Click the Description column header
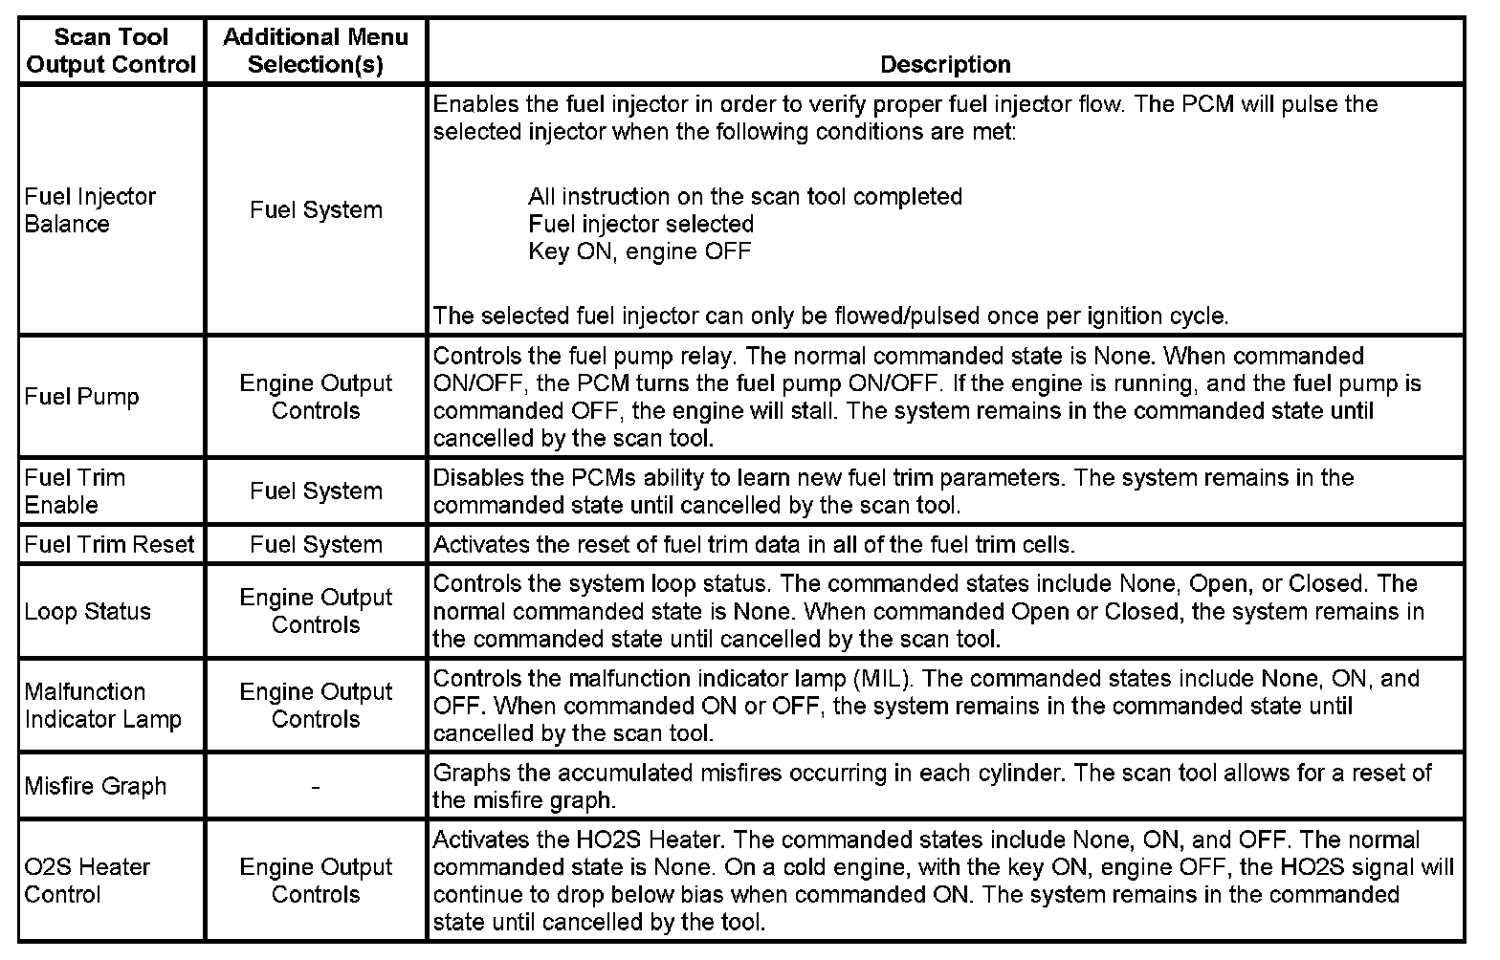[x=945, y=64]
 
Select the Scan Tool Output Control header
[x=111, y=51]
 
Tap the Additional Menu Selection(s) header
[x=316, y=51]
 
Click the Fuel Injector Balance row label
[x=90, y=210]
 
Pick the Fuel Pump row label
[x=82, y=397]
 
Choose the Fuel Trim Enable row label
[x=76, y=491]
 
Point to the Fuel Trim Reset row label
[x=109, y=544]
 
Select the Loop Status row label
[x=88, y=611]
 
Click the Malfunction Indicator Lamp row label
[x=103, y=705]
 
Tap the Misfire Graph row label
[x=96, y=786]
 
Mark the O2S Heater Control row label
[x=87, y=881]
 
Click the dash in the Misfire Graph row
[x=316, y=787]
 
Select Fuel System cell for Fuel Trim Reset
[x=316, y=544]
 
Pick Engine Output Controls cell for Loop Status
[x=316, y=611]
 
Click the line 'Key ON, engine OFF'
[x=640, y=251]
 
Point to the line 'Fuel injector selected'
[x=641, y=224]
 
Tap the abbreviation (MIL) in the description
[x=875, y=679]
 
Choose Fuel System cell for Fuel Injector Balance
[x=316, y=210]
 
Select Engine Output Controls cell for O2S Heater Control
[x=316, y=881]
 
